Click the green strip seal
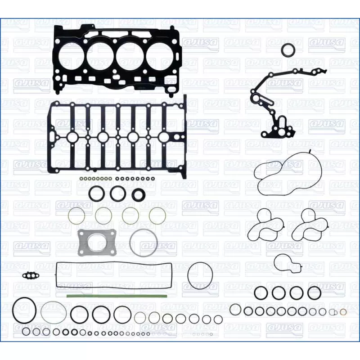pyautogui.click(x=117, y=296)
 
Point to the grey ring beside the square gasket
pyautogui.click(x=144, y=243)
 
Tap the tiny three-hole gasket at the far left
pyautogui.click(x=31, y=274)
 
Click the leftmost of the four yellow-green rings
pyautogui.click(x=76, y=216)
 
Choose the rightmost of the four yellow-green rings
pyautogui.click(x=157, y=216)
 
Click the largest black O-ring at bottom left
pyautogui.click(x=24, y=310)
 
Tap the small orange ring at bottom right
pyautogui.click(x=343, y=312)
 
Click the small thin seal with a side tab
pyautogui.click(x=288, y=263)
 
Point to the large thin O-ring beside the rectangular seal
pyautogui.click(x=200, y=276)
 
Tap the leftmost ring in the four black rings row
pyautogui.click(x=261, y=293)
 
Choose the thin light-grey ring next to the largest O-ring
pyautogui.click(x=54, y=313)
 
